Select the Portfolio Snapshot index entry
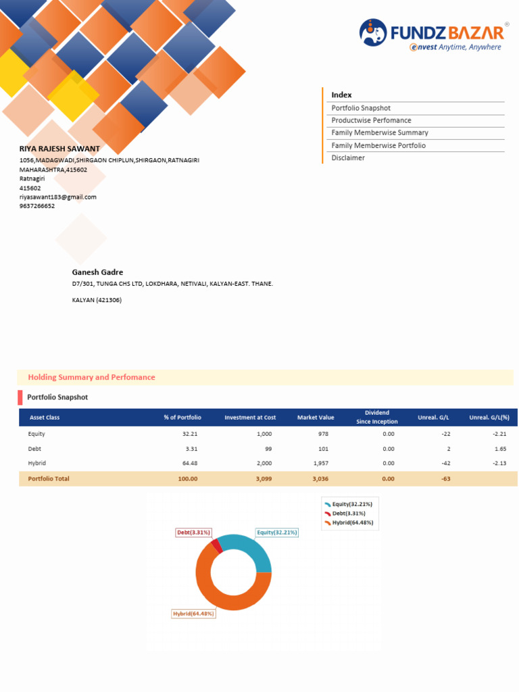(361, 108)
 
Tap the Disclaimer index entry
(348, 158)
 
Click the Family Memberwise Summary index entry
(380, 133)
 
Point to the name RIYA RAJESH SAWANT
(59, 149)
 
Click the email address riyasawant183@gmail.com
(58, 197)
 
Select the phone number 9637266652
(37, 206)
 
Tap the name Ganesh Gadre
(98, 272)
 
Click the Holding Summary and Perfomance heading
(91, 377)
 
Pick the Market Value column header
(316, 418)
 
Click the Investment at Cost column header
(250, 418)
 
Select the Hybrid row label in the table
(37, 463)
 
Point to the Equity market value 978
(323, 434)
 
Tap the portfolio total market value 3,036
(320, 478)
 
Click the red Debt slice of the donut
(216, 545)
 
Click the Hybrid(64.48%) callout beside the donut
(193, 614)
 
